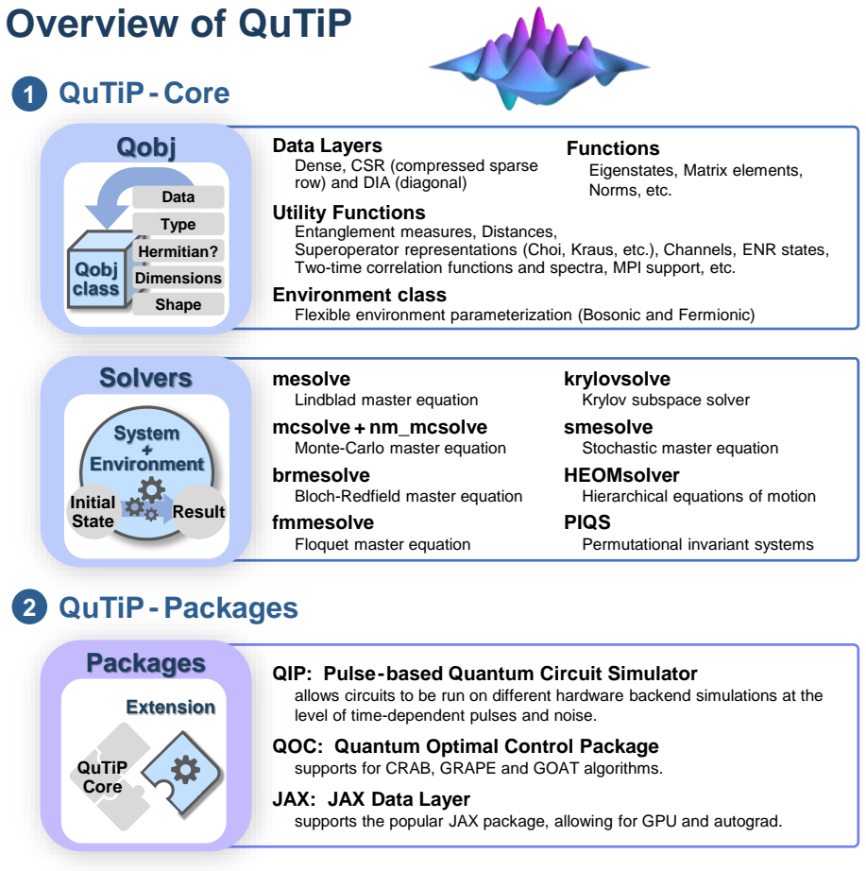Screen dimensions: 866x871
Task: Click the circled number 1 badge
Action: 29,94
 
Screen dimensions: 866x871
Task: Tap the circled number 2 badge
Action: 29,606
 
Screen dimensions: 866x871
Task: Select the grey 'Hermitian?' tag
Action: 178,251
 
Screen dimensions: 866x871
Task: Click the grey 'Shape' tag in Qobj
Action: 178,304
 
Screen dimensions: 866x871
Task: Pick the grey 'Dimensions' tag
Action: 178,278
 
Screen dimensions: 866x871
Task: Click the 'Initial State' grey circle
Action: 93,512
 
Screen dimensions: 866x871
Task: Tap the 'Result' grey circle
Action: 198,511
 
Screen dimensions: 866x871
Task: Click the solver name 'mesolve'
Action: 311,379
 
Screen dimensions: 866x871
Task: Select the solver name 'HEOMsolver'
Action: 621,475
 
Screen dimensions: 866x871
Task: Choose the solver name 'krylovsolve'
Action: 617,379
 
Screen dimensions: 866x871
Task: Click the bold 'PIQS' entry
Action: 586,522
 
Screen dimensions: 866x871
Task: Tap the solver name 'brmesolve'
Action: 320,475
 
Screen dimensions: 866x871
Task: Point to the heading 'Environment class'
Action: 359,295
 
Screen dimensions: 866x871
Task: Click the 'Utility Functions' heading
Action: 348,213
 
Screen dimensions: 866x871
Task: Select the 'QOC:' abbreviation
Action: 297,746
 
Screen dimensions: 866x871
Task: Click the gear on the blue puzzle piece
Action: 185,770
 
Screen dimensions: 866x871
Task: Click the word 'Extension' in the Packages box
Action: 171,707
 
